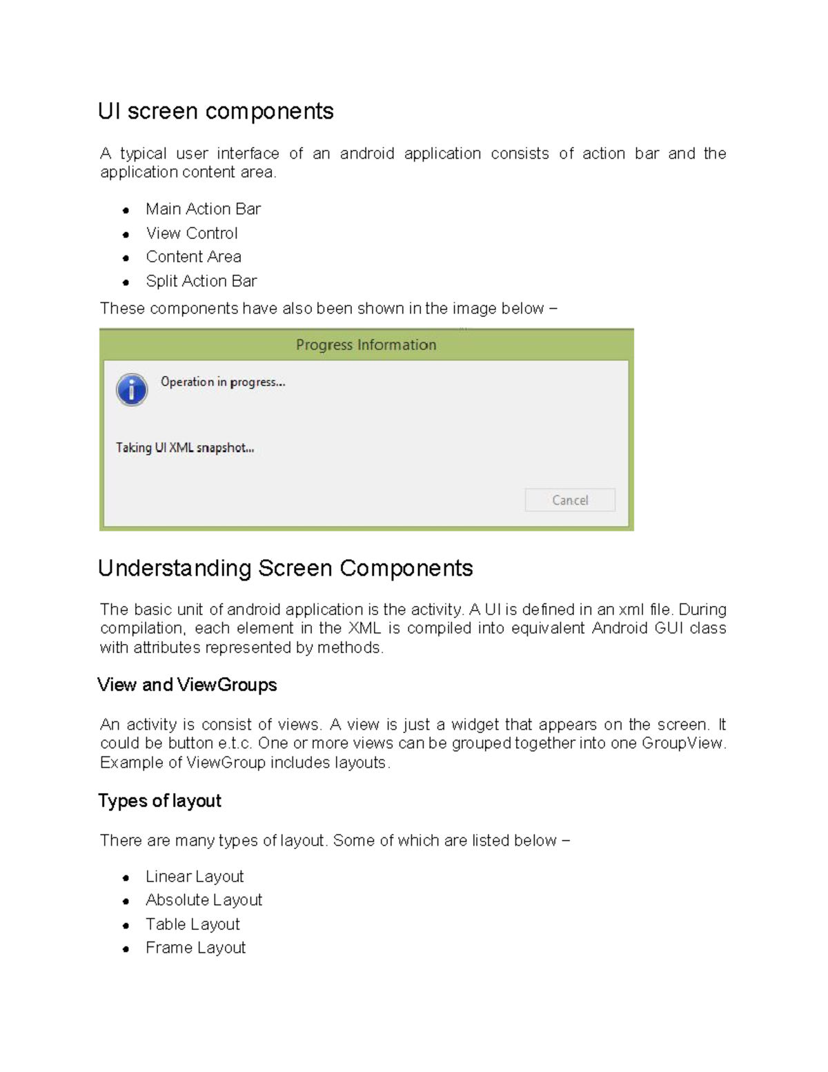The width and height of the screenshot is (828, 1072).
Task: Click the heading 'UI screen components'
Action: (215, 111)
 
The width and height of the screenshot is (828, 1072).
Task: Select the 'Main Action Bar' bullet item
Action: (203, 209)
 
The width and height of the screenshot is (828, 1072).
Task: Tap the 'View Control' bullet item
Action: (192, 233)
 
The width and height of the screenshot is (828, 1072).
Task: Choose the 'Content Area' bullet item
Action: (193, 257)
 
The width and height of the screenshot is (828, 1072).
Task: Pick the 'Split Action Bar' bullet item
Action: (201, 281)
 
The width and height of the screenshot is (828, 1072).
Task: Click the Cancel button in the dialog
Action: (569, 500)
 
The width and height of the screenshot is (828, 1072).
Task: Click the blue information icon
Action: (132, 390)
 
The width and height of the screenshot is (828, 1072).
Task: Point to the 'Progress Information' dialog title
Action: (366, 345)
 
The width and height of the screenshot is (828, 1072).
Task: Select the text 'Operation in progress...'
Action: (222, 382)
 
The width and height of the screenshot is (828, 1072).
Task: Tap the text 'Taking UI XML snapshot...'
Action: (185, 448)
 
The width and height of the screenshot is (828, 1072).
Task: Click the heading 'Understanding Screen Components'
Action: (285, 568)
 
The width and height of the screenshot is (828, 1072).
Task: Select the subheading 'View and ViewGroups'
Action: (187, 685)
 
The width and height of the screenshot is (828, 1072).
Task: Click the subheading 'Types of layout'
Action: (159, 801)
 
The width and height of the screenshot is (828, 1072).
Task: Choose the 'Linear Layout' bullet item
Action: (195, 877)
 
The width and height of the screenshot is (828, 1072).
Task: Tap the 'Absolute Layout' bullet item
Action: (204, 900)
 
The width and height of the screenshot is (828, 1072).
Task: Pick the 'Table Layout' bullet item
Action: (193, 924)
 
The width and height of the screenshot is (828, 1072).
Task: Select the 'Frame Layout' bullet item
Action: (195, 948)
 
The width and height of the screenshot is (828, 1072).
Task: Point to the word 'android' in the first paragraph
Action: (366, 153)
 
